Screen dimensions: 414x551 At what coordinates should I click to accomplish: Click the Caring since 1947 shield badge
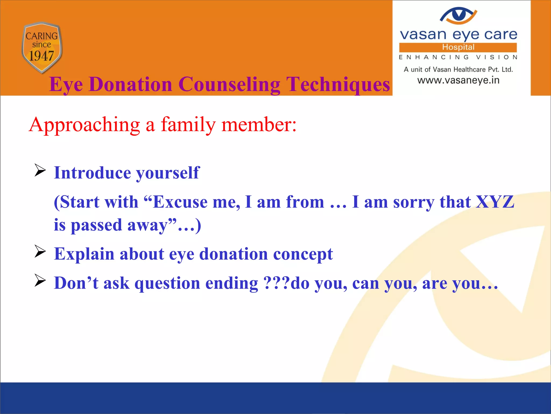[42, 47]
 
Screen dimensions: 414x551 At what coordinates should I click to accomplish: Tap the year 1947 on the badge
[41, 56]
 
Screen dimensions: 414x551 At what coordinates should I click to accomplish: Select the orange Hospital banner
[458, 47]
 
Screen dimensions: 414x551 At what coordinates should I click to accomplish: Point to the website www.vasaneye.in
[458, 80]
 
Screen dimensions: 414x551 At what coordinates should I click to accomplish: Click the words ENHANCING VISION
[458, 57]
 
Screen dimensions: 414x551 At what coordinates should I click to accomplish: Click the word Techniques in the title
[338, 84]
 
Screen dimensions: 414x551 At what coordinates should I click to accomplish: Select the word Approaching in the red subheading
[84, 125]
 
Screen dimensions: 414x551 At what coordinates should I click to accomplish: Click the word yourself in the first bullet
[168, 173]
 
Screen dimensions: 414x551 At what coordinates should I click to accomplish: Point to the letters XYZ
[495, 202]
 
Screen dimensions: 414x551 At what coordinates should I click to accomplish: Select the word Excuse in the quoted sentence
[180, 202]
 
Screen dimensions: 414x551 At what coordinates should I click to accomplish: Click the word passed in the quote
[96, 225]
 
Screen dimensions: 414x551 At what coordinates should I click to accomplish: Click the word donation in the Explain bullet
[234, 254]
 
